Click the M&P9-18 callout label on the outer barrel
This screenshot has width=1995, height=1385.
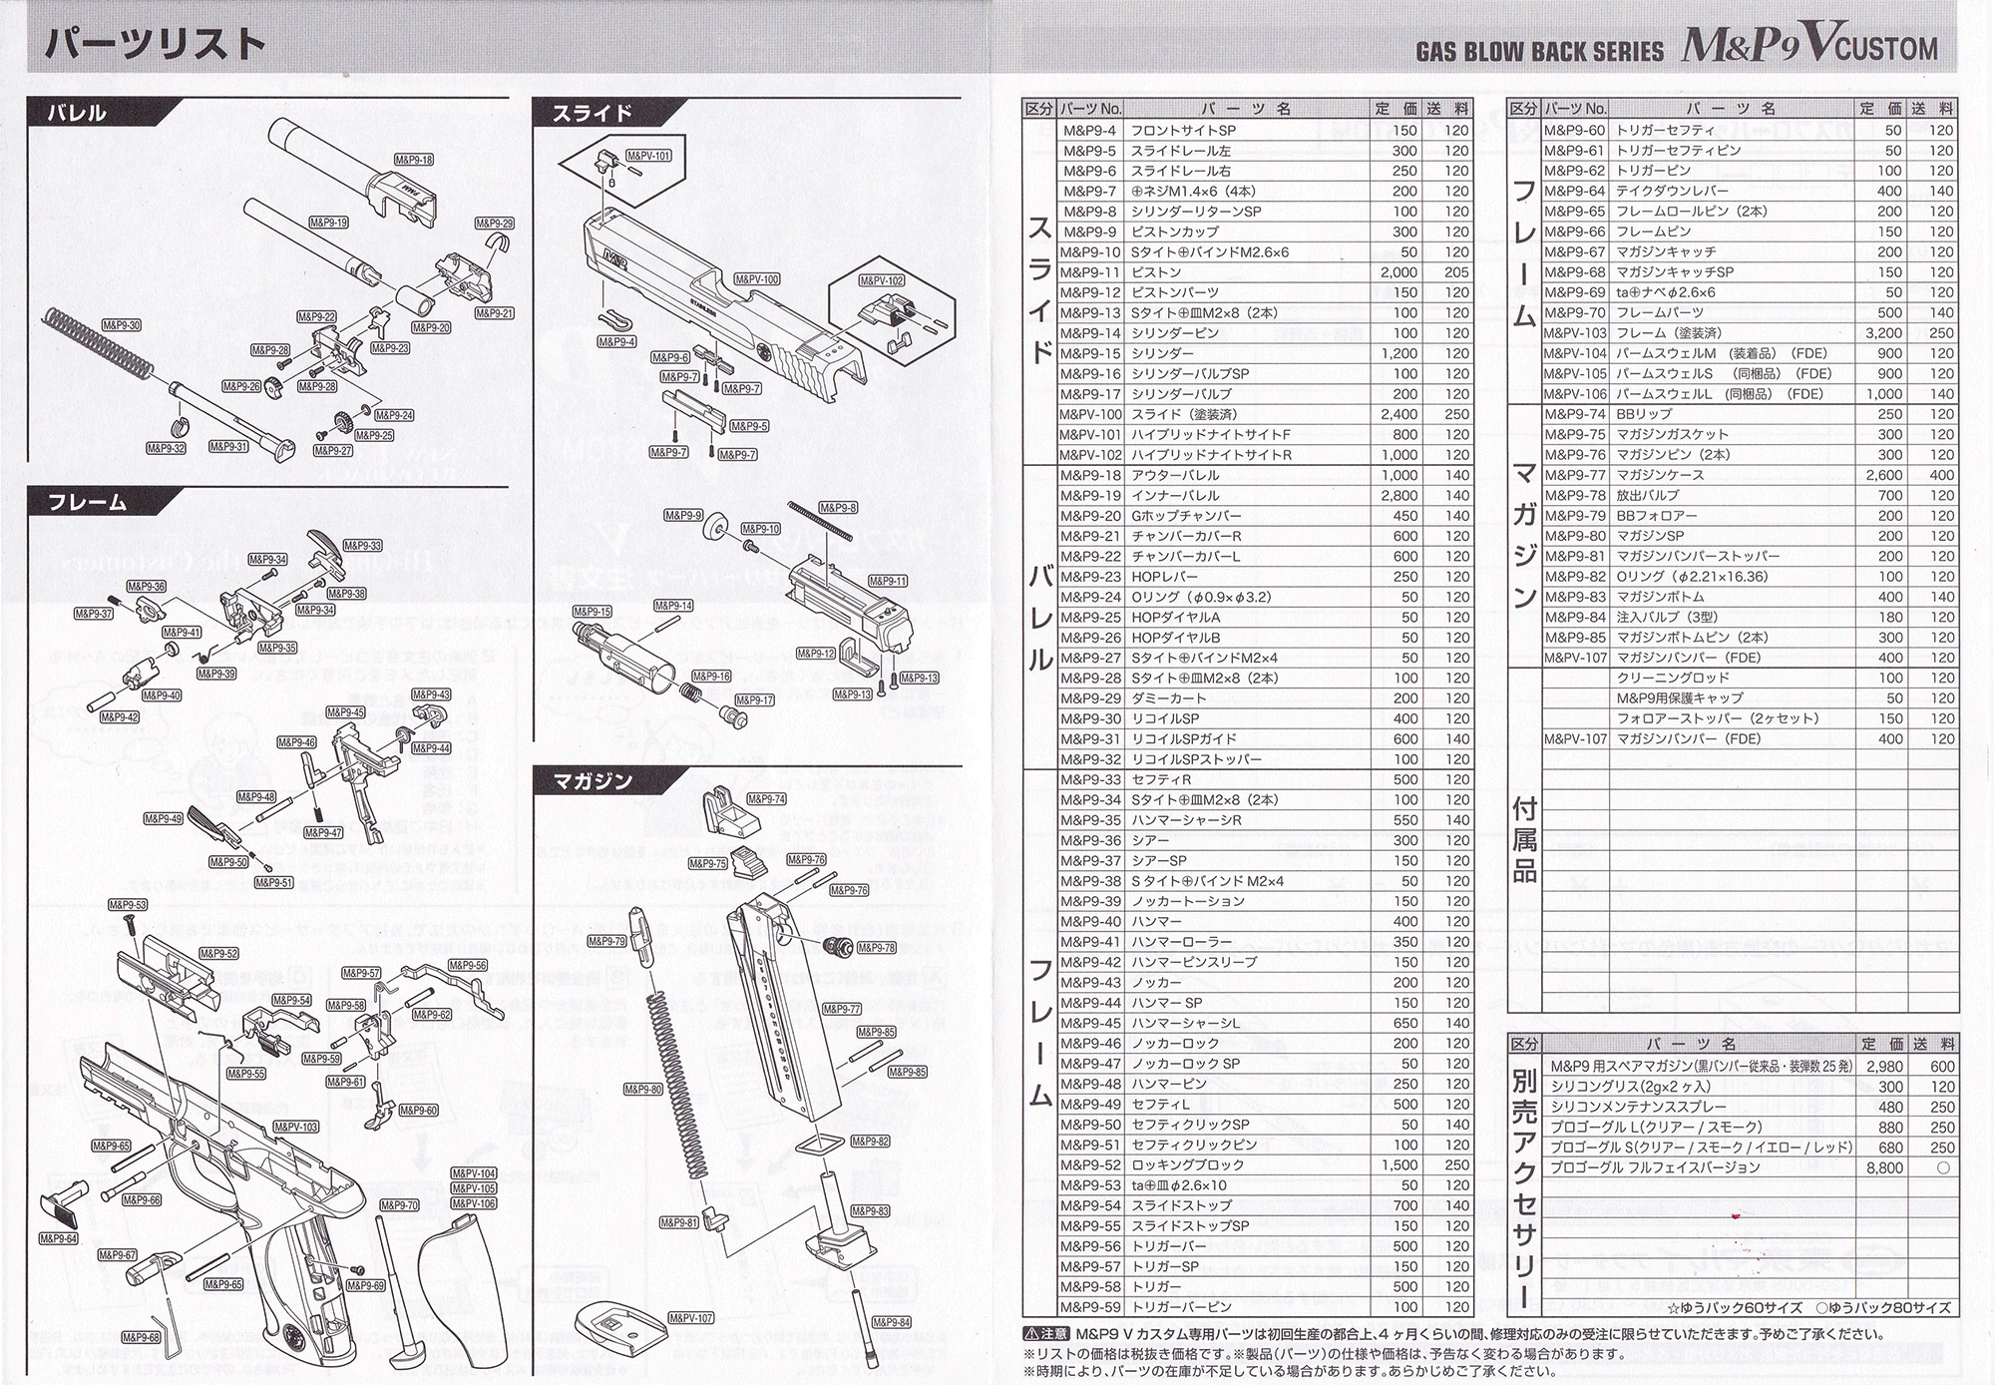[x=413, y=160]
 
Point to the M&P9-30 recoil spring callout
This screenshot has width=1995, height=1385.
[x=121, y=325]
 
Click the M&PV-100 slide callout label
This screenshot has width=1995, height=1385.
[x=757, y=279]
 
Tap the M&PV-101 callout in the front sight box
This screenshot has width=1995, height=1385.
[x=648, y=156]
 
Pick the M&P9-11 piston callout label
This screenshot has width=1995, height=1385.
[x=888, y=581]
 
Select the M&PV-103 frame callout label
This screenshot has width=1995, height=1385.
[x=295, y=1127]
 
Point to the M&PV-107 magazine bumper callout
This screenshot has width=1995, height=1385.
[x=691, y=1318]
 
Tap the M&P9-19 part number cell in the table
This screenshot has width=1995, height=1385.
[x=1091, y=496]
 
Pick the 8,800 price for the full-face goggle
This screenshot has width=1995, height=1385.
[x=1883, y=1167]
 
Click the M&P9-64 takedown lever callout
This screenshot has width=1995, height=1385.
[x=59, y=1238]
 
